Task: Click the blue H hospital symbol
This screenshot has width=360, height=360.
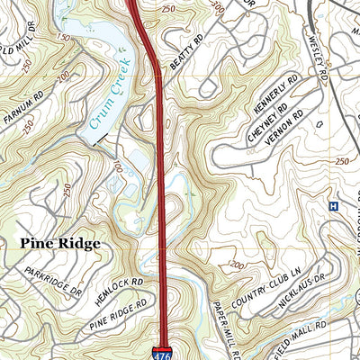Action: pos(333,206)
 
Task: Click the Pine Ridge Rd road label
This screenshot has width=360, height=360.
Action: pos(119,315)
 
